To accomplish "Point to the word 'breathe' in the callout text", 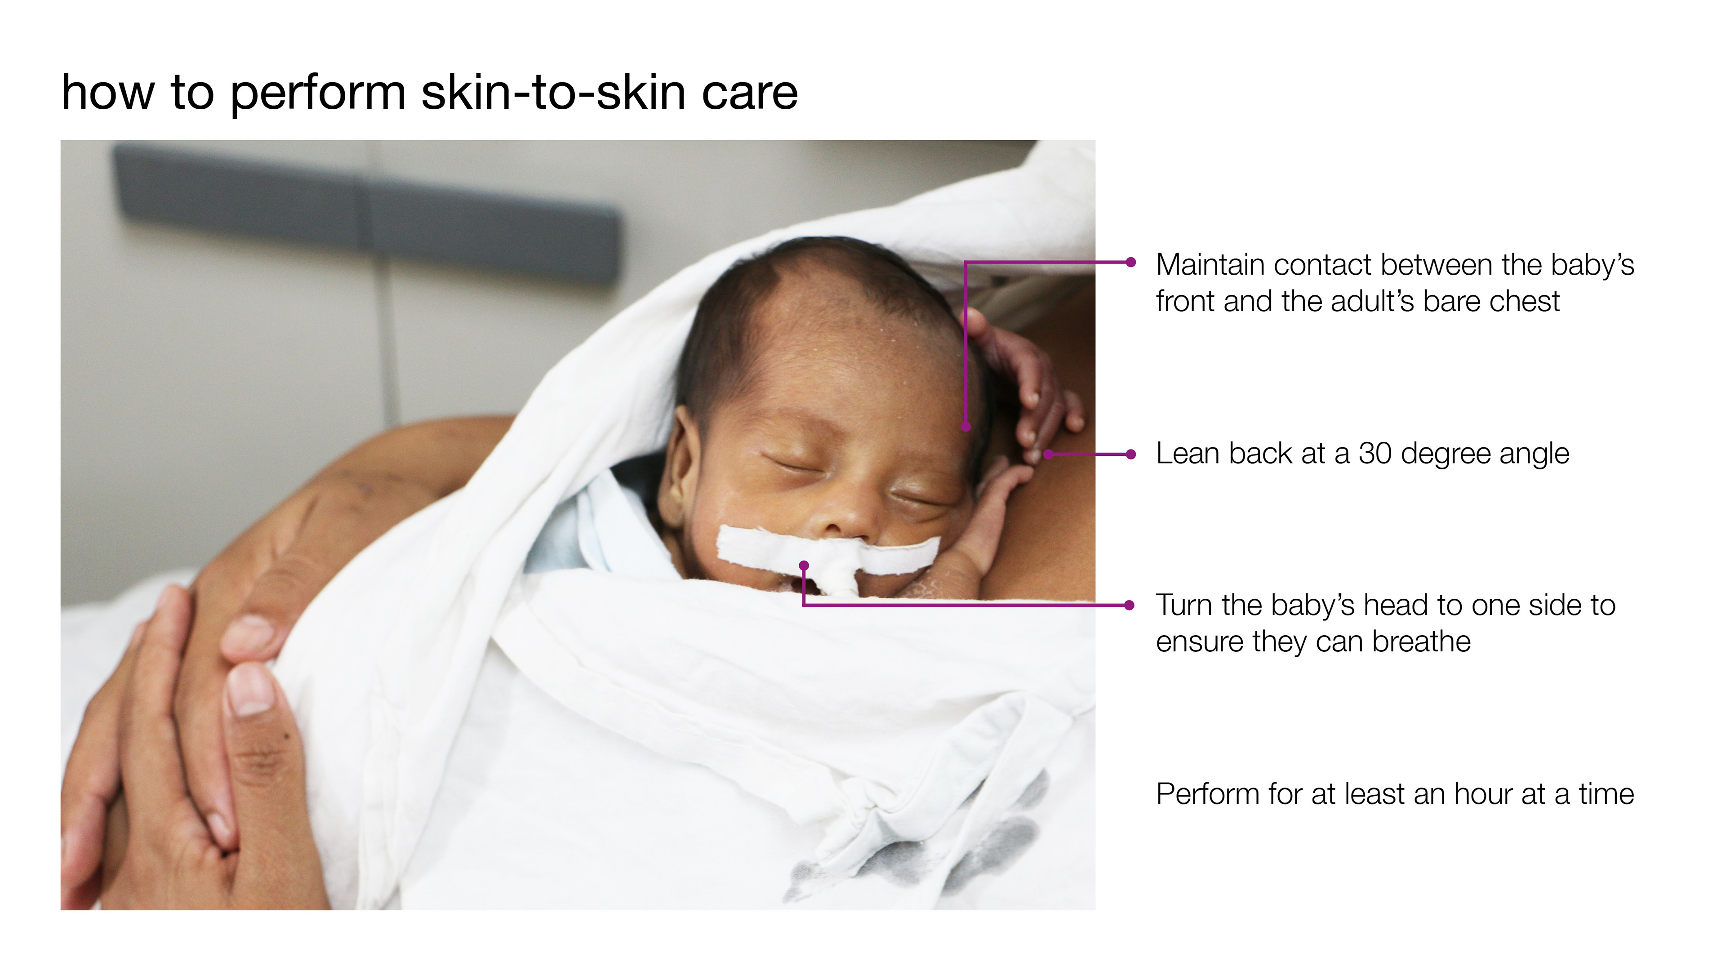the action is tap(1421, 642).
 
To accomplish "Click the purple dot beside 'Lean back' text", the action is tap(1131, 454).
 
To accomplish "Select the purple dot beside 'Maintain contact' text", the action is tap(1131, 262).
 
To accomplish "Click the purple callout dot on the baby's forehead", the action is tap(966, 426).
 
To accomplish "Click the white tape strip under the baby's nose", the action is tap(828, 553).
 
